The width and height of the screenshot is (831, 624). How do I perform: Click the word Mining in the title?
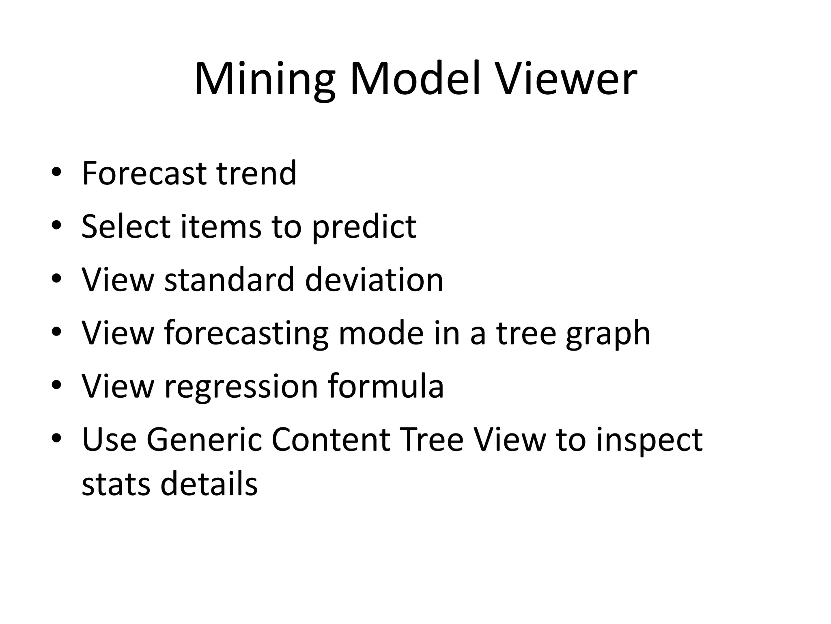[x=265, y=79]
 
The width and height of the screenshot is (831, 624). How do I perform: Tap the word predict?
[x=364, y=227]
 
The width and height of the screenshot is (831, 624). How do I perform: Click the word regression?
[x=241, y=387]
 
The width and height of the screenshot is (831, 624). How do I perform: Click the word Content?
[x=331, y=440]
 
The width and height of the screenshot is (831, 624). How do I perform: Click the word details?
[x=209, y=484]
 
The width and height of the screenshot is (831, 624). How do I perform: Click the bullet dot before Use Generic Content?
[x=56, y=438]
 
